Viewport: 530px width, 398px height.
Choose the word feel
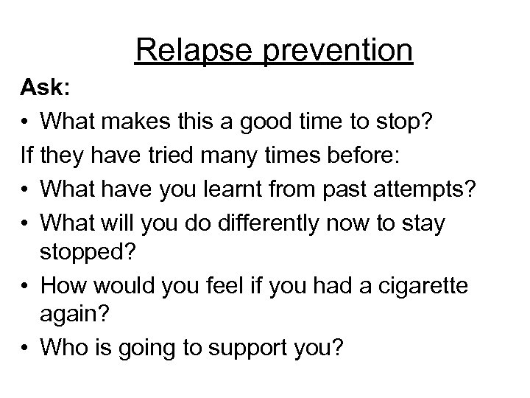coord(224,285)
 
